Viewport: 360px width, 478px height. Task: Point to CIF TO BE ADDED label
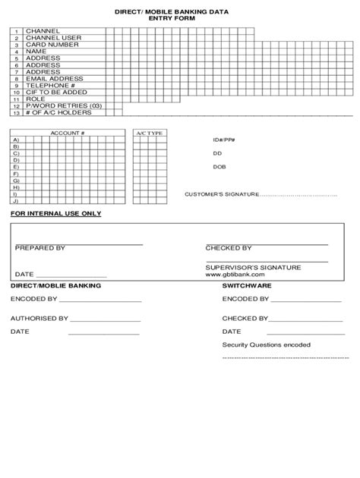[x=55, y=92]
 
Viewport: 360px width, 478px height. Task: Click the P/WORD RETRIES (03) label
[x=63, y=105]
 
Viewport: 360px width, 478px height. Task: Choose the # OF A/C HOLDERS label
[x=58, y=112]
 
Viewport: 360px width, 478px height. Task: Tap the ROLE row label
[x=36, y=99]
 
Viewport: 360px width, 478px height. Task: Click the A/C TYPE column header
[x=149, y=134]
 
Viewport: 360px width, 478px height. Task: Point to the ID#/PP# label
[x=224, y=140]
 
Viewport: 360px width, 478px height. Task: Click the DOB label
[x=219, y=167]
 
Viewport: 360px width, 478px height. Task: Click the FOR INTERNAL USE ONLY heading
[x=55, y=214]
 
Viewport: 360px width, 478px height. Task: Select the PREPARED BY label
[x=40, y=248]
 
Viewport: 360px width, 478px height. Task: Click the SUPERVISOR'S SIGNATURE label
[x=253, y=267]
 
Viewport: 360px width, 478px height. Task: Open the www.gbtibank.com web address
[x=235, y=275]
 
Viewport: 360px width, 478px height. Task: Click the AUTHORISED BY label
[x=39, y=319]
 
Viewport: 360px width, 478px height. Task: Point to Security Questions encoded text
[x=266, y=344]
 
